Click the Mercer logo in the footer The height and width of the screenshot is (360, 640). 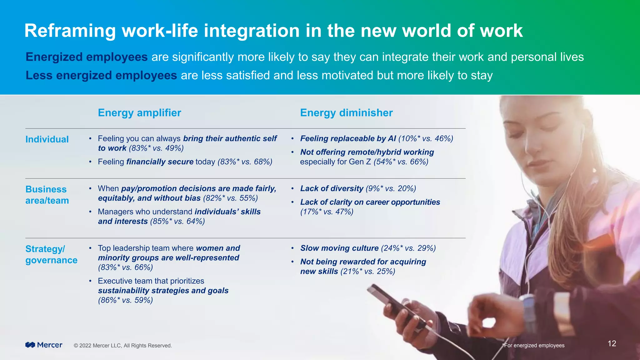pyautogui.click(x=44, y=345)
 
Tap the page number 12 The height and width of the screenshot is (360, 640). pyautogui.click(x=612, y=344)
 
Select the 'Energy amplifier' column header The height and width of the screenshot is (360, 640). pyautogui.click(x=139, y=113)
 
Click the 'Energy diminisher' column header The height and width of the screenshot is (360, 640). pyautogui.click(x=346, y=113)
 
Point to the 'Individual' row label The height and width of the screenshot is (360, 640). pyautogui.click(x=47, y=139)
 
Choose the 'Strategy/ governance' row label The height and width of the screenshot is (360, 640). pyautogui.click(x=51, y=254)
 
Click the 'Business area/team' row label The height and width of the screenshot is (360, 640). pyautogui.click(x=47, y=195)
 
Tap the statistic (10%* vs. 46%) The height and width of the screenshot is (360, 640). pyautogui.click(x=426, y=138)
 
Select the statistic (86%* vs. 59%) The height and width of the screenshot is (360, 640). pyautogui.click(x=125, y=300)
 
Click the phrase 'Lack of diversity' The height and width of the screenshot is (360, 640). pyautogui.click(x=332, y=188)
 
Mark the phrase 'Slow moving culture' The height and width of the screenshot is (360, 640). pyautogui.click(x=339, y=248)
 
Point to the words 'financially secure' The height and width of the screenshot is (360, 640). pyautogui.click(x=160, y=162)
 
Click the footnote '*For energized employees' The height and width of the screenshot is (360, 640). pyautogui.click(x=533, y=345)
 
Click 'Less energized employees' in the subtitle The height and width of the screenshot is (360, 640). pyautogui.click(x=101, y=75)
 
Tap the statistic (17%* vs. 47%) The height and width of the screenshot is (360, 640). pyautogui.click(x=327, y=212)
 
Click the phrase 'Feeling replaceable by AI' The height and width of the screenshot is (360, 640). pyautogui.click(x=348, y=138)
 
